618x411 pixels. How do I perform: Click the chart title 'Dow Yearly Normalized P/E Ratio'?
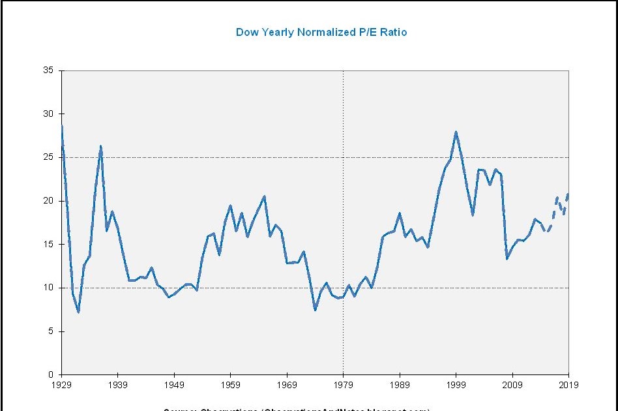321,32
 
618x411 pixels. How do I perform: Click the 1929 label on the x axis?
61,385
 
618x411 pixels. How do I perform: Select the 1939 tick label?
117,385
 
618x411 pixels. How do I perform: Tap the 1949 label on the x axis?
174,385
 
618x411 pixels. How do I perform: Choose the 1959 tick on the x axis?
230,385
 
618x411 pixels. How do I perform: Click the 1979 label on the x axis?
343,385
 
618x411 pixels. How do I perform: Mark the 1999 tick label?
456,385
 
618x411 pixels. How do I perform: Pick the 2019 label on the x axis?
568,385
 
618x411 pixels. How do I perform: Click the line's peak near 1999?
456,132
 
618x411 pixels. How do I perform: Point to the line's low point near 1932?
78,312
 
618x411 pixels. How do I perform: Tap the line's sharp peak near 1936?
101,146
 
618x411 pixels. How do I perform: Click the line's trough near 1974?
315,310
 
